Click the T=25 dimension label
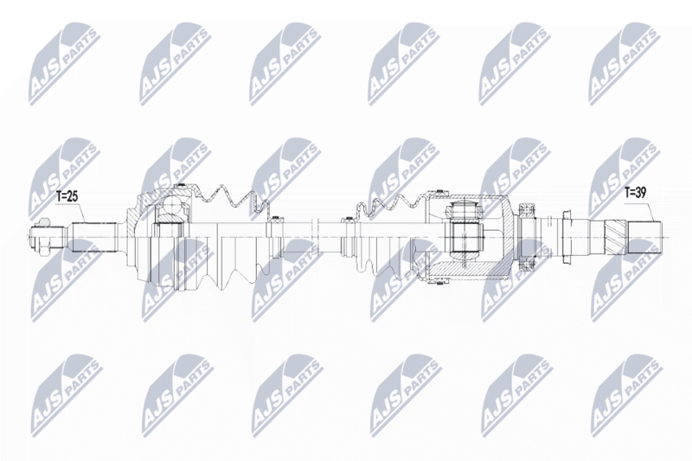tap(67, 196)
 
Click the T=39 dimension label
tap(636, 192)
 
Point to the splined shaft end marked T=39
tap(645, 237)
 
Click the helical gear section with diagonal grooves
tap(616, 237)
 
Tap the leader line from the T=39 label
tap(649, 209)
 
